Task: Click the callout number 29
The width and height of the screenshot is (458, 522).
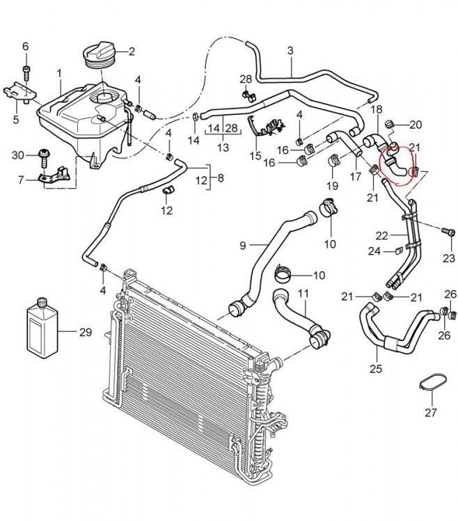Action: pos(85,332)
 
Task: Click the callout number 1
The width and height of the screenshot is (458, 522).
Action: pos(59,72)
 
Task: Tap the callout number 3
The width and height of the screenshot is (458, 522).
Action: pos(290,50)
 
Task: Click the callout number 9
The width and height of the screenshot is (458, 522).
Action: pos(243,245)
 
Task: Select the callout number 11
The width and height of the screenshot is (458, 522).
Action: pos(303,293)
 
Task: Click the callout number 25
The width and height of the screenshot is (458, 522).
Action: pos(376,368)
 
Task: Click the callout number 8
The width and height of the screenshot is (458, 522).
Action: pos(220,177)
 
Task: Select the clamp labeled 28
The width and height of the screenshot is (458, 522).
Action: pos(247,93)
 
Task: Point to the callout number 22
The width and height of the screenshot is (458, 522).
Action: pos(381,235)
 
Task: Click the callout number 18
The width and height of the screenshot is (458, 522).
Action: pos(376,109)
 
